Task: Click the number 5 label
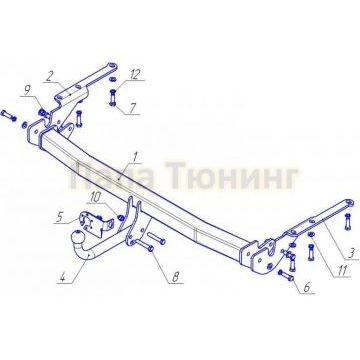pos(59,214)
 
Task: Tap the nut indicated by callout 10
pos(121,214)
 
